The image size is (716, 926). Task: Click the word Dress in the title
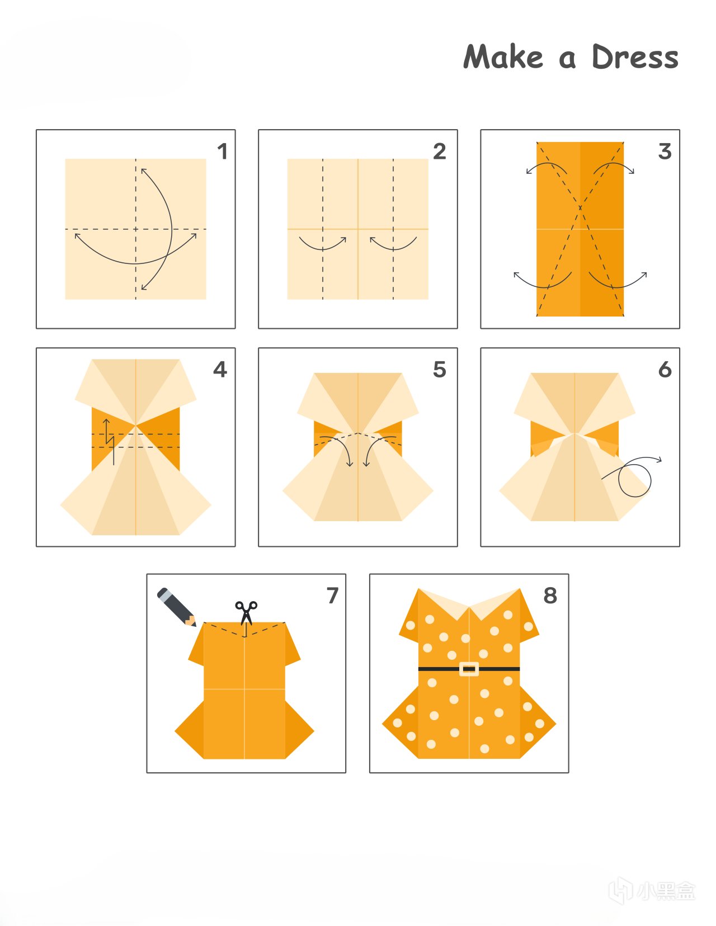click(x=635, y=56)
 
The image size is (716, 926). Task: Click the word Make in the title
click(x=503, y=56)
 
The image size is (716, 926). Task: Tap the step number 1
click(x=222, y=152)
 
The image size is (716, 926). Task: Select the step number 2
click(x=440, y=152)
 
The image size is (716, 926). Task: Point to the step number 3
click(x=665, y=152)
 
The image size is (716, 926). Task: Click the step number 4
click(x=220, y=369)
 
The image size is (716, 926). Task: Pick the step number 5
click(x=440, y=369)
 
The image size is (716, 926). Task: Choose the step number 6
click(x=665, y=369)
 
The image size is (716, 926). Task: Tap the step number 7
click(x=332, y=596)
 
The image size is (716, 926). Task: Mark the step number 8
click(x=550, y=596)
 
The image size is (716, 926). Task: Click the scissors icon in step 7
click(x=246, y=613)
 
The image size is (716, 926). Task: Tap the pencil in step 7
click(x=176, y=607)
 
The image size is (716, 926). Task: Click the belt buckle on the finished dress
click(x=469, y=669)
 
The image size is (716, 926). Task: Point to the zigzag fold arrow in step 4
click(x=110, y=442)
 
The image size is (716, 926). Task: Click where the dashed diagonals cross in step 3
click(x=580, y=208)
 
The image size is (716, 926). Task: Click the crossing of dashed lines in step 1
click(x=135, y=229)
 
